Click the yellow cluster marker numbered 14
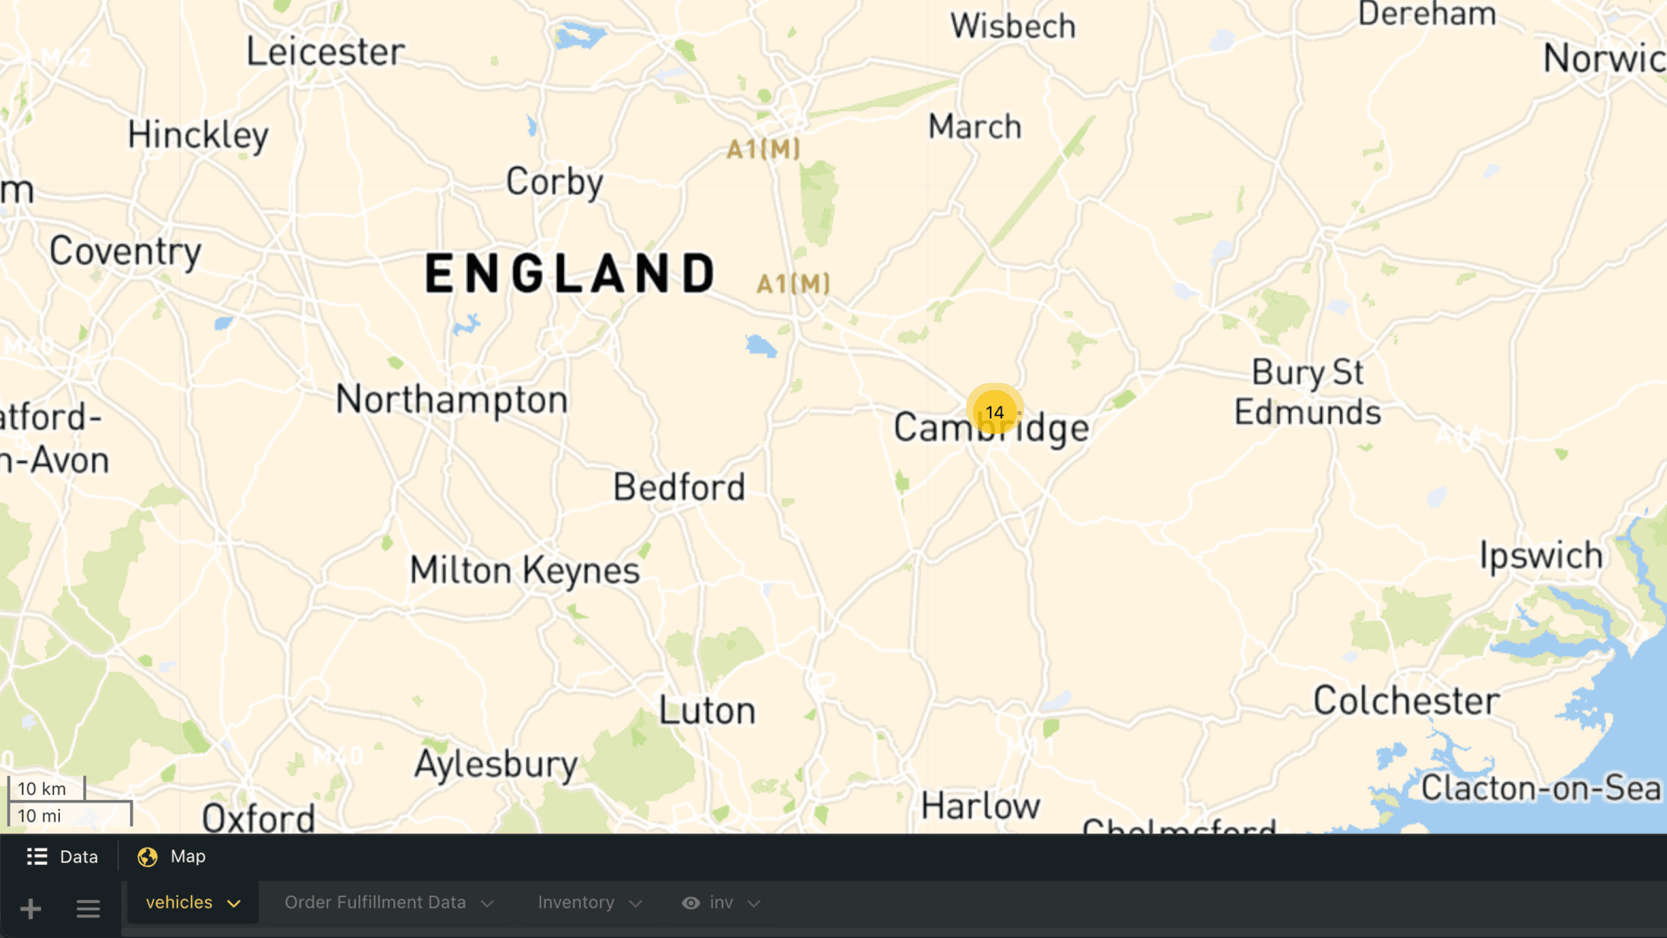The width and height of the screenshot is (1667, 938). pos(994,412)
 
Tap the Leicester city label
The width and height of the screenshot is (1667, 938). pos(326,52)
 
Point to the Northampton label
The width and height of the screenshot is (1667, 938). pos(451,400)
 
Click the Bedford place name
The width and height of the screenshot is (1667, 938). pos(679,487)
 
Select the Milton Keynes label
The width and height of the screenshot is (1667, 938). pos(524,571)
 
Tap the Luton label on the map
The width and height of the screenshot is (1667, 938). pos(707,711)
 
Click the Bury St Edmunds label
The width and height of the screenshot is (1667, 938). pos(1308,393)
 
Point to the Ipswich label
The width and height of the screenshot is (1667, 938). pos(1541,556)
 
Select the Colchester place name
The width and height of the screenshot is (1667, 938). pos(1406,701)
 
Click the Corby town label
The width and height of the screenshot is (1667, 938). pos(554,182)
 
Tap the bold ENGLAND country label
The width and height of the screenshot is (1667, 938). pos(570,274)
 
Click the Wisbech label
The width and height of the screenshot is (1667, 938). pos(1012,26)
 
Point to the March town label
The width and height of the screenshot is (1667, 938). pos(974,127)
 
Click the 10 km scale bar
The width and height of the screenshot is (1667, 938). pos(46,789)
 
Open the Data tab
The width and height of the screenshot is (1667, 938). pos(63,857)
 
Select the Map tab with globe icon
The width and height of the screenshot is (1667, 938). pos(172,857)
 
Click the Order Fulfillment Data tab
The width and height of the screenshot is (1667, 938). pos(388,903)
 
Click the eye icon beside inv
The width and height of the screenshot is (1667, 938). pos(690,903)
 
